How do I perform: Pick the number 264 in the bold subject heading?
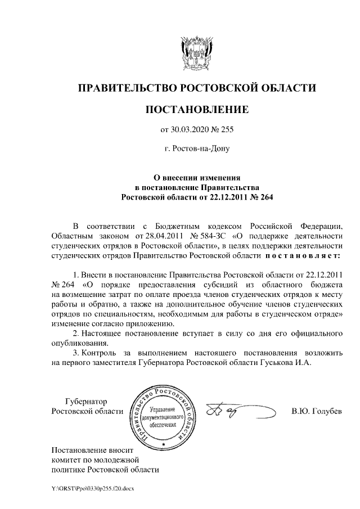(262, 197)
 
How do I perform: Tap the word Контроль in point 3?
(99, 353)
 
